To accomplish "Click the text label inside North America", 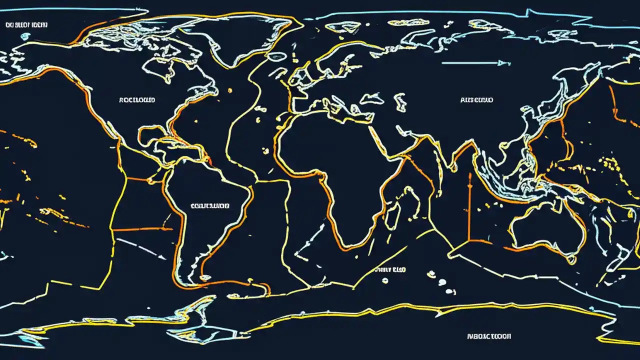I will (137, 100).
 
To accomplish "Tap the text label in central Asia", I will (476, 100).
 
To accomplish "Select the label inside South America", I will (210, 205).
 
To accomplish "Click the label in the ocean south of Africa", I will (390, 269).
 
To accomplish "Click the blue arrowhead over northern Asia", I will (505, 63).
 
